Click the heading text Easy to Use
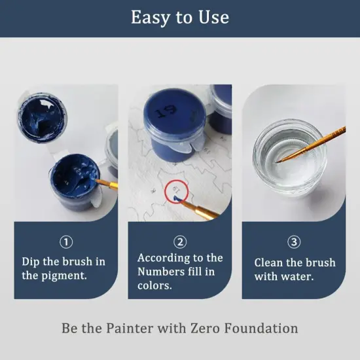[x=180, y=17]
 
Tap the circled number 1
[x=66, y=242]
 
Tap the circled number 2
[x=180, y=242]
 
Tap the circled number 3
[x=294, y=242]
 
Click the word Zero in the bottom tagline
[x=207, y=328]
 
